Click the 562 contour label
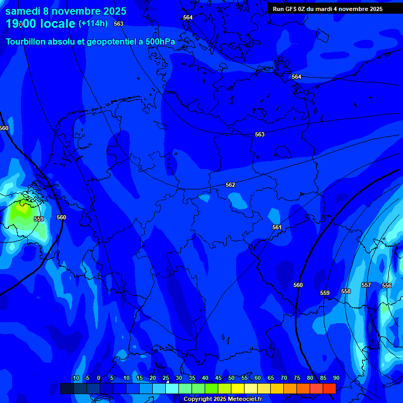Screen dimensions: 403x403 pyautogui.click(x=230, y=185)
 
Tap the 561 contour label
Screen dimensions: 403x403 pyautogui.click(x=277, y=227)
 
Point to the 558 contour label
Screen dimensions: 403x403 pyautogui.click(x=345, y=291)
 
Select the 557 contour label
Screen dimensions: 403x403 pyautogui.click(x=366, y=285)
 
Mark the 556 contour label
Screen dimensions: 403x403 pyautogui.click(x=387, y=285)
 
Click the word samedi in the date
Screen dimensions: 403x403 pyautogui.click(x=24, y=11)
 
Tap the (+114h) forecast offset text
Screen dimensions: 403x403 pyautogui.click(x=93, y=24)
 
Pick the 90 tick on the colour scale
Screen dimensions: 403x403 pyautogui.click(x=336, y=378)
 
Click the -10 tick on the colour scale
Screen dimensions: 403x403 pyautogui.click(x=75, y=378)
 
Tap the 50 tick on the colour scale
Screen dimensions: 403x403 pyautogui.click(x=231, y=378)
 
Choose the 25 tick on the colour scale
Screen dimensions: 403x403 pyautogui.click(x=166, y=378)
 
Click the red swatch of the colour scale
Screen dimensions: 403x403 pyautogui.click(x=329, y=388)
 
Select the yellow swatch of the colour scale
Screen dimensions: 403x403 pyautogui.click(x=237, y=388)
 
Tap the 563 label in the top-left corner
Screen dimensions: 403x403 pyautogui.click(x=119, y=24)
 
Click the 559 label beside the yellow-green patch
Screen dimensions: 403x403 pyautogui.click(x=39, y=219)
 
